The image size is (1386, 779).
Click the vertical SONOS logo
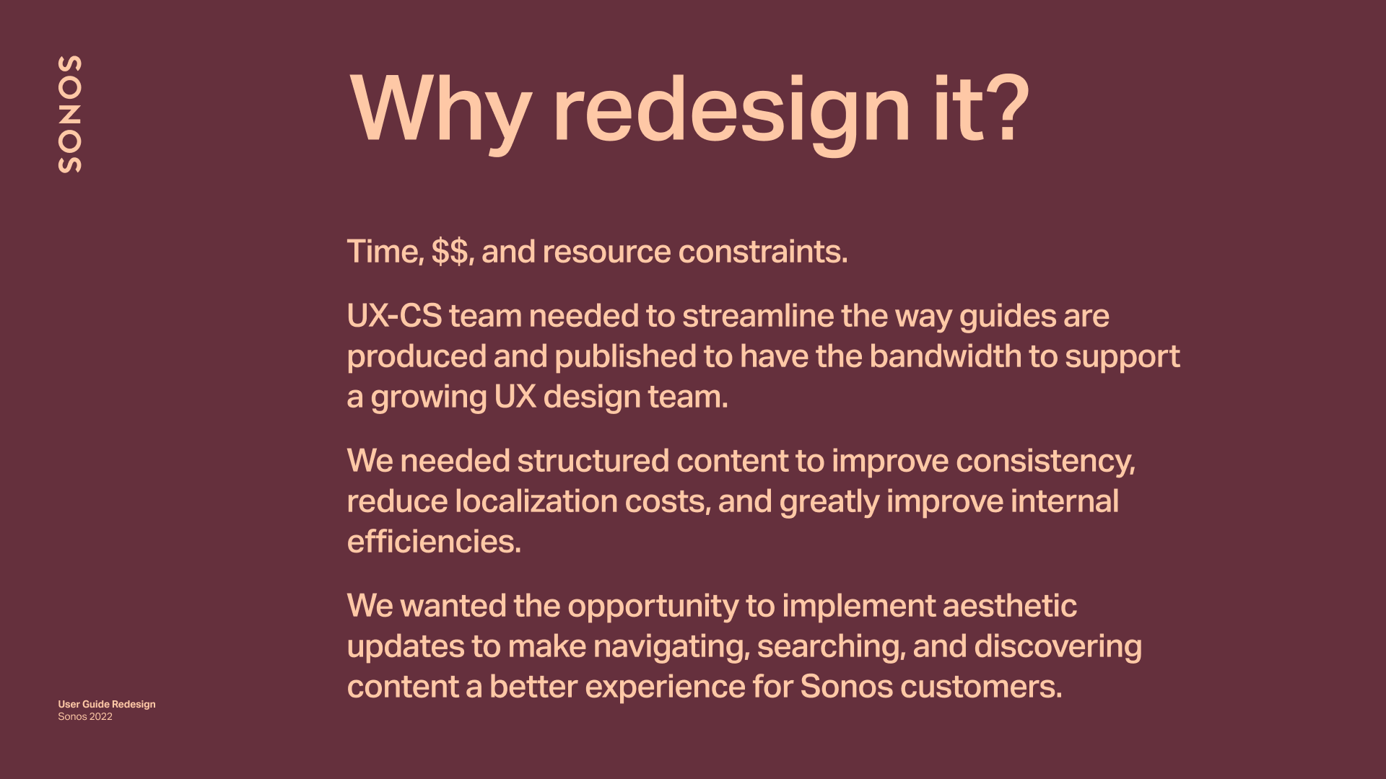(69, 114)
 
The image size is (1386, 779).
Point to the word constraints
(763, 252)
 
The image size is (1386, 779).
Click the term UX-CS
(394, 316)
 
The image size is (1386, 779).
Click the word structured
(593, 461)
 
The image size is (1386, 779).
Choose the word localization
(536, 501)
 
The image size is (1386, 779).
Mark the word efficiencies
(434, 542)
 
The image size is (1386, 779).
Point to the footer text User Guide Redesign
(107, 704)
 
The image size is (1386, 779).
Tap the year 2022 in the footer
(101, 716)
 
